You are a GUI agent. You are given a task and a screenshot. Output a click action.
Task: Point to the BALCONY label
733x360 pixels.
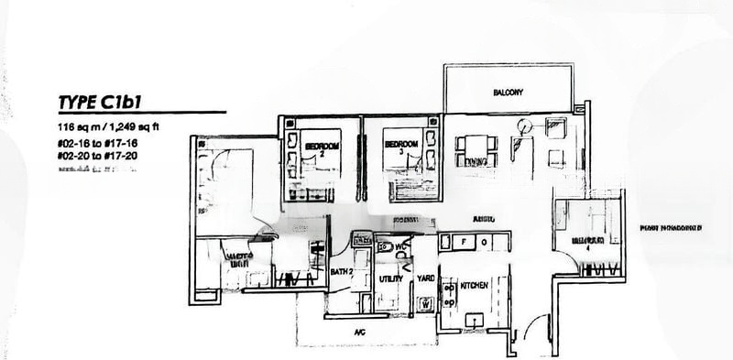coord(507,93)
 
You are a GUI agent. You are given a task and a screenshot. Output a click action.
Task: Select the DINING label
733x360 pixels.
coord(475,162)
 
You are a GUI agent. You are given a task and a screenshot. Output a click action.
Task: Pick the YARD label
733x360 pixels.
coord(425,278)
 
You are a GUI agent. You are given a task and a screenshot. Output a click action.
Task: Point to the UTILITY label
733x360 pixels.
coord(389,278)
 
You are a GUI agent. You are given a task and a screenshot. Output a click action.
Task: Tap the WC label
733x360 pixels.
coord(399,247)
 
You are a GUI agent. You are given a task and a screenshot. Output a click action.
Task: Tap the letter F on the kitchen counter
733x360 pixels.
coord(464,243)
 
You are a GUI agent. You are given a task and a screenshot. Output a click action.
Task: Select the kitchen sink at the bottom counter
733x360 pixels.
coord(476,319)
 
